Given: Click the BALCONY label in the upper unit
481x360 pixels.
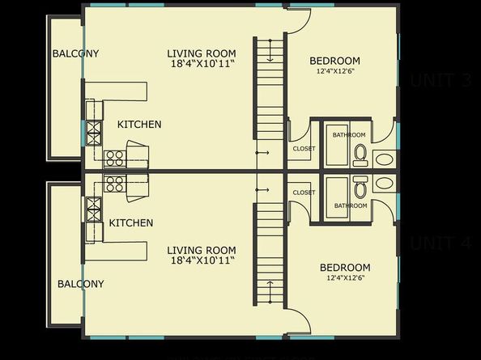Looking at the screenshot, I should [75, 54].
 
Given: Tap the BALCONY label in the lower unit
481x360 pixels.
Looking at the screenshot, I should [80, 284].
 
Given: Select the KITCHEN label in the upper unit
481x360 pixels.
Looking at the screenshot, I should [139, 125].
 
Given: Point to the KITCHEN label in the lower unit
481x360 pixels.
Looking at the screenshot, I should [131, 223].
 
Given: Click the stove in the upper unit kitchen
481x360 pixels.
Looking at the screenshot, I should [114, 158].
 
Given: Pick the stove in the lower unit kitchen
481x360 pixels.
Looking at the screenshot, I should [114, 184].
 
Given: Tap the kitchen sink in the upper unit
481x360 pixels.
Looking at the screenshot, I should [94, 132].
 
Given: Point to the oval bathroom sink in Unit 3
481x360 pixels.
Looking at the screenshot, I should [384, 159].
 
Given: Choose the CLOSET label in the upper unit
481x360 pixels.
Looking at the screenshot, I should [304, 149].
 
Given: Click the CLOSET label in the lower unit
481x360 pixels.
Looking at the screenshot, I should [304, 193].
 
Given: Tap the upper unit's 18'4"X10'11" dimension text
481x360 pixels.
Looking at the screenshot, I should [202, 64].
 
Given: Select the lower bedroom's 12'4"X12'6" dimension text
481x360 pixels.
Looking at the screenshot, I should [345, 278].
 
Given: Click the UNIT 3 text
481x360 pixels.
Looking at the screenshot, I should [441, 81].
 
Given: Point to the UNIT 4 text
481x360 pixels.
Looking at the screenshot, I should [441, 244].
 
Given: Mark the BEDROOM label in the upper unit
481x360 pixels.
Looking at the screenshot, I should [334, 61].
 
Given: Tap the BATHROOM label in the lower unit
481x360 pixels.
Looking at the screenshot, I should [351, 205].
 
